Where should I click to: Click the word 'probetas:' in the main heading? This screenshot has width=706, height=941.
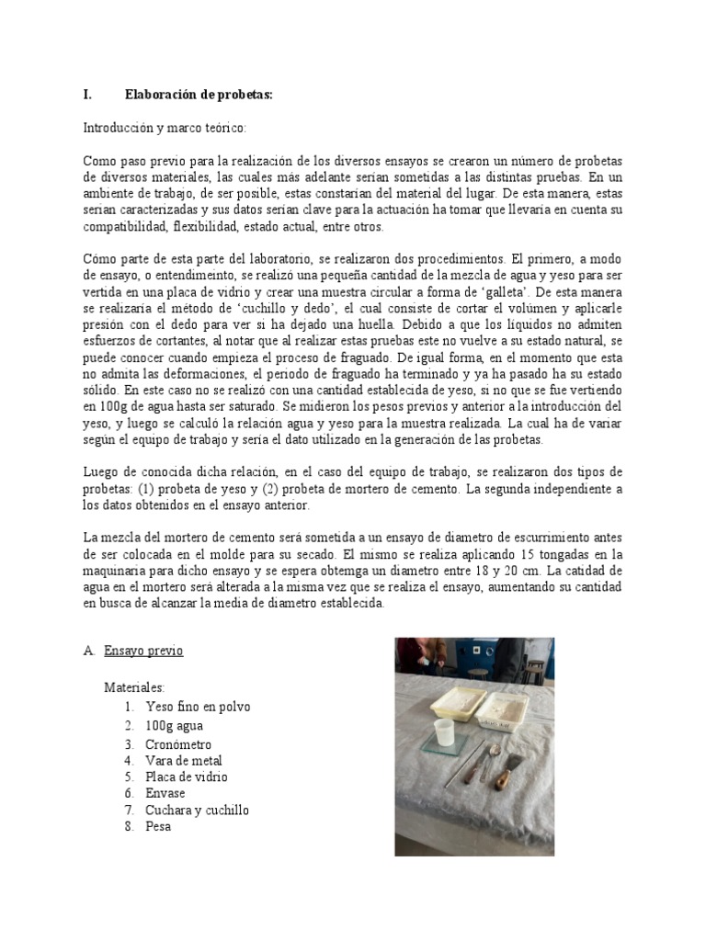[x=243, y=94]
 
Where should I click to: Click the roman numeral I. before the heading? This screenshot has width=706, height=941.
[x=87, y=94]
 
